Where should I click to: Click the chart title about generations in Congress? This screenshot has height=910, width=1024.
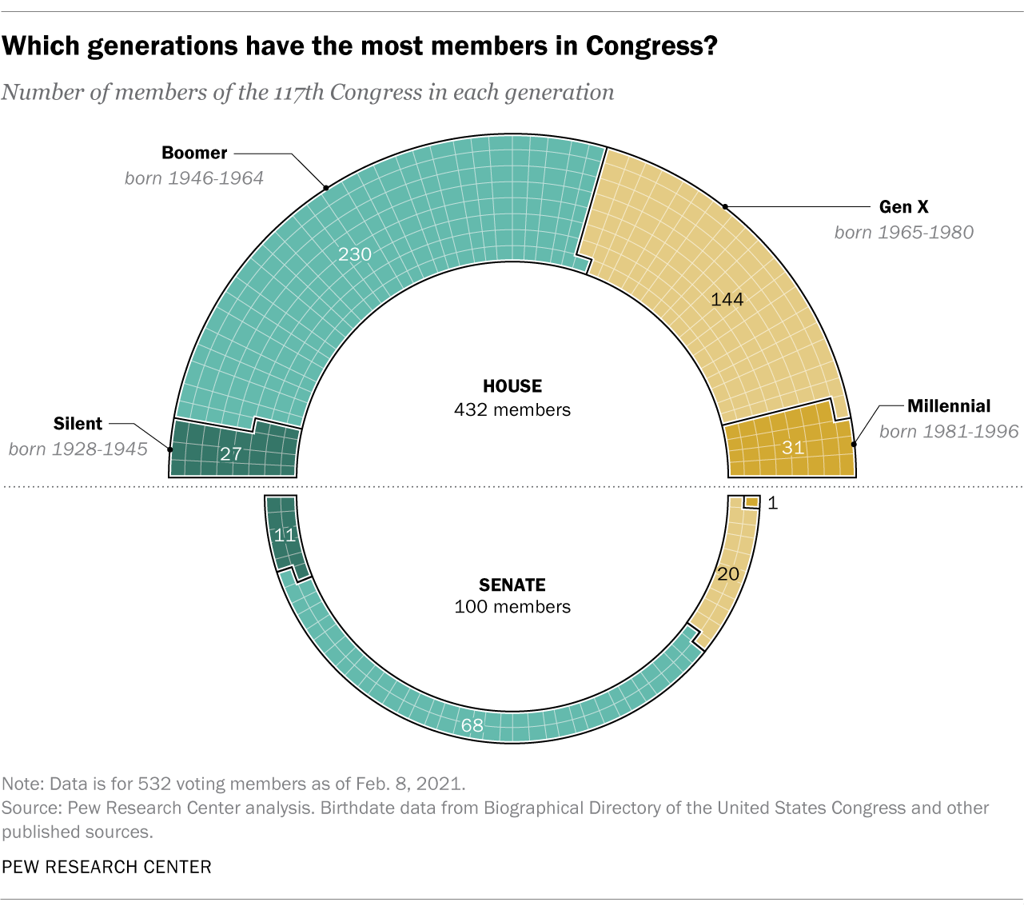pos(360,46)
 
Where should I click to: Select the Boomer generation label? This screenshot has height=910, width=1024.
pos(194,153)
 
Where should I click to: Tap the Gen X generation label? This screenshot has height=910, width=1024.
pos(903,207)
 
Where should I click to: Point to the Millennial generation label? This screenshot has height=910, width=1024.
pos(949,406)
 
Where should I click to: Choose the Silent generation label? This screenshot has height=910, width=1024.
pos(78,424)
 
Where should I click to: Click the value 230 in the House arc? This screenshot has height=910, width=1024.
pos(355,254)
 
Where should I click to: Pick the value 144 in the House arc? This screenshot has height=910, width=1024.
pos(727,299)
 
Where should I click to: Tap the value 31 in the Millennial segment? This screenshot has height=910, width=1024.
pos(792,448)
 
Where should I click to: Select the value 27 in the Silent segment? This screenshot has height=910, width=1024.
pos(230,454)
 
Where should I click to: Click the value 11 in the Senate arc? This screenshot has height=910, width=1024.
pos(285,536)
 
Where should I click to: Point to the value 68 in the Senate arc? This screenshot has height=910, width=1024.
pos(472,725)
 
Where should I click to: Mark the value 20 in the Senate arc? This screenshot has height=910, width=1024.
pos(727,574)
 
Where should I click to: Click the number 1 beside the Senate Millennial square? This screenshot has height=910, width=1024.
pos(772,503)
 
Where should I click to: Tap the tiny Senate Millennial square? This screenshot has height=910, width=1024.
pos(751,502)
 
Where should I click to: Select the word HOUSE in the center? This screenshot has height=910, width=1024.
pos(512,386)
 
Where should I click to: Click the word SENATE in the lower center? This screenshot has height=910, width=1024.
pos(512,585)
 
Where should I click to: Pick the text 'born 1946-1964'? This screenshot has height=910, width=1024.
pos(194,178)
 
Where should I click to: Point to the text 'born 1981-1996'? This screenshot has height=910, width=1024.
pos(949,432)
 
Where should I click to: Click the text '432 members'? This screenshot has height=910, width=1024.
pos(512,410)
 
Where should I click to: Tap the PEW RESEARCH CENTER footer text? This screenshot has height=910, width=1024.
pos(106,867)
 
